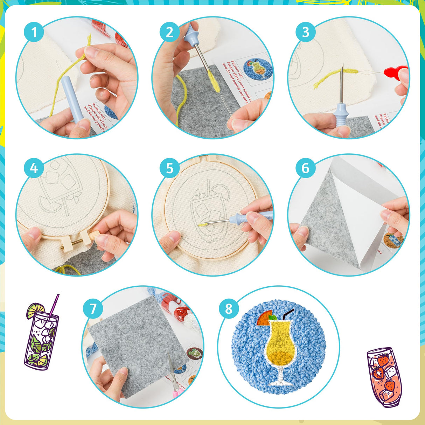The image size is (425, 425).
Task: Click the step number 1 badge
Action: tap(34, 33)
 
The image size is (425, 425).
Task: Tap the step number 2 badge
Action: tap(170, 33)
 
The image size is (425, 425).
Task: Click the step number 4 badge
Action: tap(34, 168)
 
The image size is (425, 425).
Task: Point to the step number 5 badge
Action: tap(170, 168)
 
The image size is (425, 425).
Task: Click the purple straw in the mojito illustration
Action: tap(54, 305)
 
